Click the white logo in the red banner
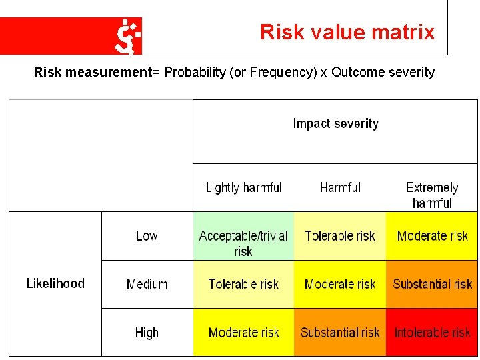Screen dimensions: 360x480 (x=127, y=36)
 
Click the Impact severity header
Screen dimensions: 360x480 (x=335, y=124)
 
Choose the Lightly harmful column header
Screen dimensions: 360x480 (x=243, y=187)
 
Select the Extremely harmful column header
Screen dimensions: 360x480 (x=432, y=195)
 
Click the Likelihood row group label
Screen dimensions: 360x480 (x=55, y=283)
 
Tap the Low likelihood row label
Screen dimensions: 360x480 (x=147, y=236)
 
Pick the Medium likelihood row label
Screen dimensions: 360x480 (x=147, y=284)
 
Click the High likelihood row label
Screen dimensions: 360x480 (x=147, y=333)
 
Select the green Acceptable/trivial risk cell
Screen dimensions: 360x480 (x=243, y=243)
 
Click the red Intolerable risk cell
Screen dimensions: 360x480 (x=432, y=332)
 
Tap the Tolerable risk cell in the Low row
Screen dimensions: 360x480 (x=340, y=236)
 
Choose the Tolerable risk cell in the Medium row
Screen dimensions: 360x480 (x=243, y=284)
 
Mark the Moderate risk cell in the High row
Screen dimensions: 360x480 (x=243, y=332)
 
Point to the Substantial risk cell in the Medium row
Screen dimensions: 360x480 (x=432, y=284)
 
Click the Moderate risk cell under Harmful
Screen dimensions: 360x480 (x=340, y=284)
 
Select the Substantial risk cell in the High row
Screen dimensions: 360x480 (x=340, y=332)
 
